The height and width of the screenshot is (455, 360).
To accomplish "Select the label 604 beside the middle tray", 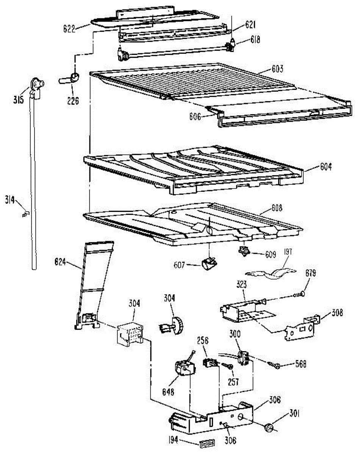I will tap(323, 167).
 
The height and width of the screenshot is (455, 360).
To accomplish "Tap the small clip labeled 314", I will tap(25, 215).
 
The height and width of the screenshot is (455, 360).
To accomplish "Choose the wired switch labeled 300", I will tap(243, 358).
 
